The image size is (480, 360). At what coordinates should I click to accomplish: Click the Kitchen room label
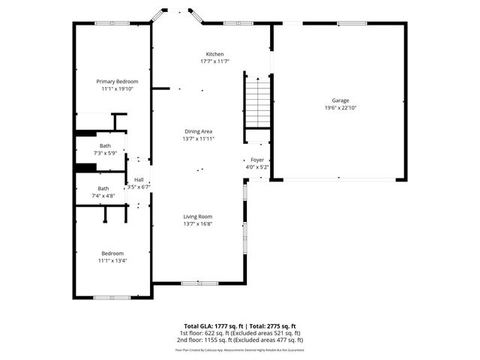[215, 54]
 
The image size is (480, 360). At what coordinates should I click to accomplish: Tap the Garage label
[341, 100]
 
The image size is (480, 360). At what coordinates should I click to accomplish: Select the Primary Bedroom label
[117, 81]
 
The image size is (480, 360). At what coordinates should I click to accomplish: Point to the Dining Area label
[199, 131]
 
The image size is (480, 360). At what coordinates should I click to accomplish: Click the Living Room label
[198, 216]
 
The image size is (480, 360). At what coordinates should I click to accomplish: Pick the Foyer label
[257, 160]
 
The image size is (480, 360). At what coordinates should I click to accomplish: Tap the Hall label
[139, 180]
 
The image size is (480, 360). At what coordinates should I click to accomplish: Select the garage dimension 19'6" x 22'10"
[340, 108]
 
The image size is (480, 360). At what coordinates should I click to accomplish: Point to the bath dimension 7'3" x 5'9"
[106, 153]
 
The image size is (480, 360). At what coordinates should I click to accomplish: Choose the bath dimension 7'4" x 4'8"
[103, 196]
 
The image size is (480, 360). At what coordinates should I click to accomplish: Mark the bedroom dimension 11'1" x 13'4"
[112, 261]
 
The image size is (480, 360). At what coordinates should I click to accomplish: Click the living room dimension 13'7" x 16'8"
[198, 223]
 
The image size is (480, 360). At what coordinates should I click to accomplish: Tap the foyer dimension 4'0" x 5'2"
[257, 168]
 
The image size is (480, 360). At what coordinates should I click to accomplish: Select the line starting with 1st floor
[240, 333]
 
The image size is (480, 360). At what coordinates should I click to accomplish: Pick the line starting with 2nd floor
[240, 340]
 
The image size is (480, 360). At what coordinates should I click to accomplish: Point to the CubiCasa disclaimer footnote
[240, 349]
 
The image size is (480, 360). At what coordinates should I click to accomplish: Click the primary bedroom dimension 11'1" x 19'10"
[117, 88]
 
